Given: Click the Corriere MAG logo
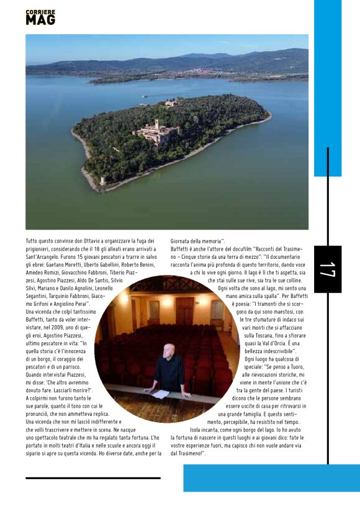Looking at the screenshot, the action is (x=40, y=17).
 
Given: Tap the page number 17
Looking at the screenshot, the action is (x=327, y=269).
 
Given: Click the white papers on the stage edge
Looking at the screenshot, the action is (x=161, y=394).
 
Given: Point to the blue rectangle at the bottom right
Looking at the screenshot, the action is (x=271, y=478).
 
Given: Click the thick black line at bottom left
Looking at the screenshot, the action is (x=92, y=477).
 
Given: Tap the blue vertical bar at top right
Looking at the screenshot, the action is (x=327, y=87).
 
